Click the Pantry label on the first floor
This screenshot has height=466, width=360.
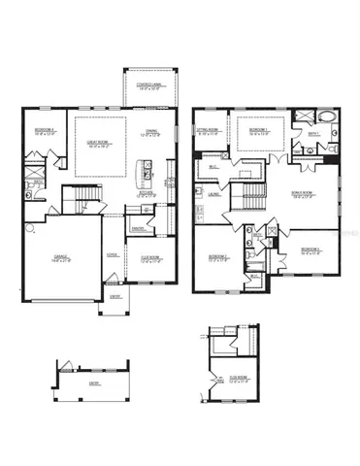(x=139, y=229)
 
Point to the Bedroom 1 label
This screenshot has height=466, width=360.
(x=257, y=130)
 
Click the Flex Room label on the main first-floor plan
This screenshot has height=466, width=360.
(x=150, y=259)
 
